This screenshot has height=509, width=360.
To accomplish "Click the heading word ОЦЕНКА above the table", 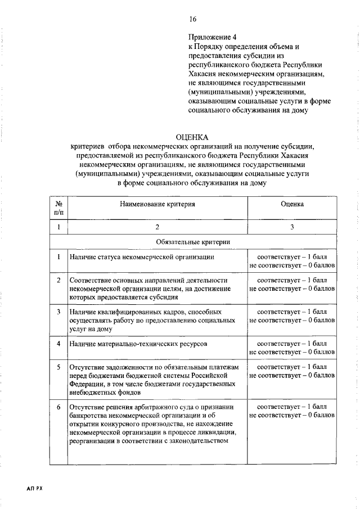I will coord(192,137).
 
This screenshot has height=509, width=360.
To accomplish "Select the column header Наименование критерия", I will coord(157,204).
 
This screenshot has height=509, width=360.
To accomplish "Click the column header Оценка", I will coord(292,204).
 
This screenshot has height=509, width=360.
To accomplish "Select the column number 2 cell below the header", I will coord(157,227).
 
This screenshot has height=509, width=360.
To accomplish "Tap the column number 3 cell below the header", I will coord(292,227).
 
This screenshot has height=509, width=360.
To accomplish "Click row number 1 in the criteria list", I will coord(58,257).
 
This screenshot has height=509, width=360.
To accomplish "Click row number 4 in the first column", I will coord(58,343).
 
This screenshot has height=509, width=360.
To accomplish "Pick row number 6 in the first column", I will coord(58,406).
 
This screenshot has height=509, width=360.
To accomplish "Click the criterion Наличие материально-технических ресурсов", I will coord(138,343).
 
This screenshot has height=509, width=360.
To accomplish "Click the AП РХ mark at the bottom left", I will coord(34,489).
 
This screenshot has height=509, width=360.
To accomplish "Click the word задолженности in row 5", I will coord(127,367).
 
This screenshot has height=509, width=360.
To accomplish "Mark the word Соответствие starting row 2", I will coord(93,280).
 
